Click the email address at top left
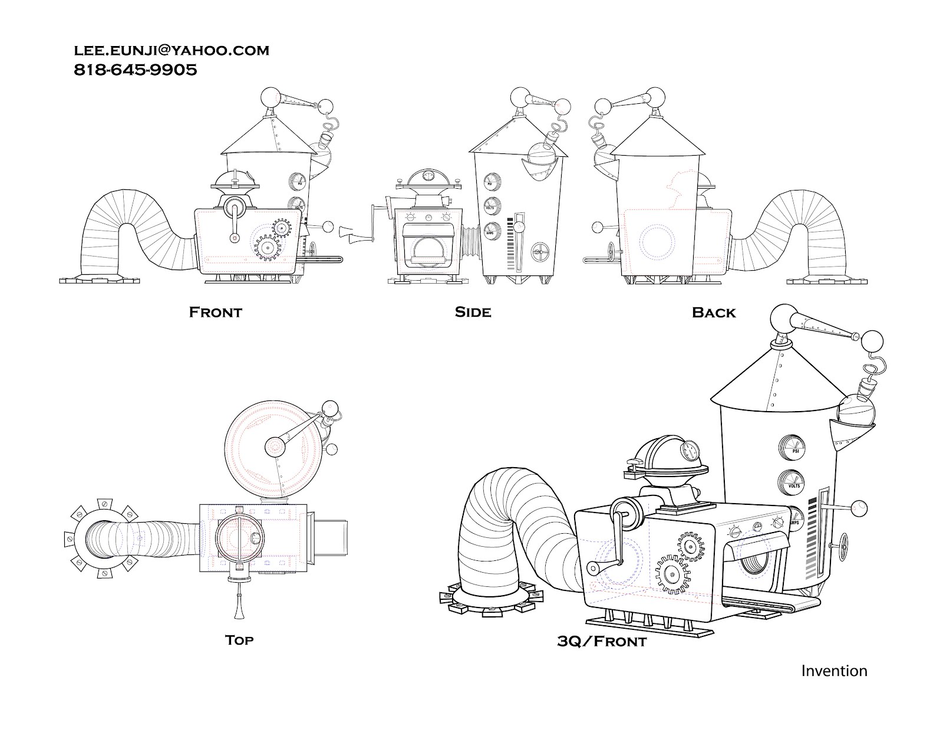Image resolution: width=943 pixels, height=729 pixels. click(x=171, y=51)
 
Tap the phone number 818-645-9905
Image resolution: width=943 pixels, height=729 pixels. click(x=135, y=70)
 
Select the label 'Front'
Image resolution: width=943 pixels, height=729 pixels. click(x=215, y=312)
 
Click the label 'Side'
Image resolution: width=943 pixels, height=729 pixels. click(x=473, y=312)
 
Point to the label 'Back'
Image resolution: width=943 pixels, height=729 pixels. click(x=714, y=313)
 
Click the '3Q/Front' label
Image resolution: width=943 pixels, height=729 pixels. click(x=601, y=641)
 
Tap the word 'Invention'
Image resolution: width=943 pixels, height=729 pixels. click(x=833, y=671)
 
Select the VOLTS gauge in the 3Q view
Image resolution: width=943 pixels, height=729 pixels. click(x=793, y=482)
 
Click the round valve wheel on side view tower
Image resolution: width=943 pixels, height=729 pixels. click(x=539, y=252)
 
